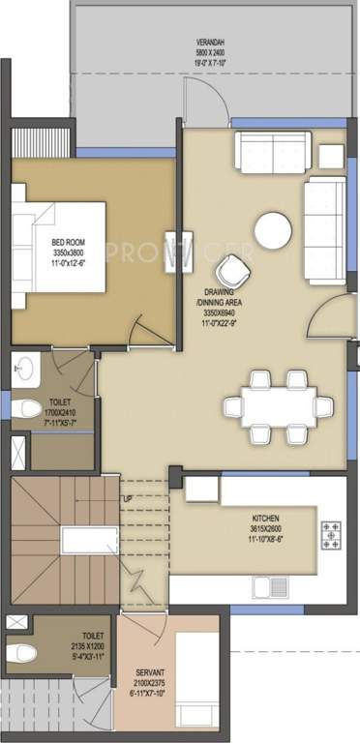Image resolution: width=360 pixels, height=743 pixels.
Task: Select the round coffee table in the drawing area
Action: click(x=272, y=230)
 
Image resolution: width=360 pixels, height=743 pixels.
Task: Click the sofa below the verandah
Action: click(x=267, y=151)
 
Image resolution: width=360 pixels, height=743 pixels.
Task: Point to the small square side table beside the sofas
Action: click(x=331, y=154)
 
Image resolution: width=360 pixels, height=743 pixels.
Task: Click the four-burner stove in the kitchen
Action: click(x=330, y=531)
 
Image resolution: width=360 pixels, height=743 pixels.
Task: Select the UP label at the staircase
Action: click(x=126, y=498)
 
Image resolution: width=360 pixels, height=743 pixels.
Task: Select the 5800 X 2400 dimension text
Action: click(x=210, y=55)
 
